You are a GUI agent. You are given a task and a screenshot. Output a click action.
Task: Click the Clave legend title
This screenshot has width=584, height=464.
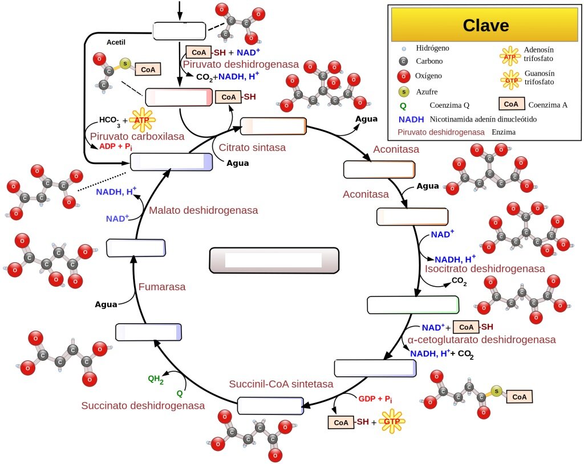pos(486,25)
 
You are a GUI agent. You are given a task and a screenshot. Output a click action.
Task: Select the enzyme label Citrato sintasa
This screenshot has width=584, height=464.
pos(252,148)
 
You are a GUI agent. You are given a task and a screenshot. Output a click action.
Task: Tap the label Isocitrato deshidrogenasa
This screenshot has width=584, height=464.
pos(485,268)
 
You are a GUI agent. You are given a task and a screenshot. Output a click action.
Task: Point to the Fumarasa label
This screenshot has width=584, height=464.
pos(162,287)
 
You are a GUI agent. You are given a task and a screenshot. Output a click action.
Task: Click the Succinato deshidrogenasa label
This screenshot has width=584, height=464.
pos(143,405)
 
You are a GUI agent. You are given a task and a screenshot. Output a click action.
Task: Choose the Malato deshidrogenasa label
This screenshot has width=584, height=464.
pos(204,210)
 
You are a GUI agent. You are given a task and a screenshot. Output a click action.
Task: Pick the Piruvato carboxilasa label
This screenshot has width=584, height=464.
pos(137,136)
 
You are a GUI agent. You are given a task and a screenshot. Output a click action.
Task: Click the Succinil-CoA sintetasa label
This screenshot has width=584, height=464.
pos(281,384)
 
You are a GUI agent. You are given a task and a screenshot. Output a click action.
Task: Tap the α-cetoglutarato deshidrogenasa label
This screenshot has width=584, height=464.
pos(481,340)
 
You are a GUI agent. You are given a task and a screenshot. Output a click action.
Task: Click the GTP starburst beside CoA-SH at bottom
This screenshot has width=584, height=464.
pos(392,421)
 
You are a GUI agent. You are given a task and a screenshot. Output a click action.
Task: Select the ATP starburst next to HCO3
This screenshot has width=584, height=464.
pos(142,120)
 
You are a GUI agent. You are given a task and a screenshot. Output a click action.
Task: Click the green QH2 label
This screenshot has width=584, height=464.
pos(156,380)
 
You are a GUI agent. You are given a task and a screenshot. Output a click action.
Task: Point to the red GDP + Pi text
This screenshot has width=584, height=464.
pos(375,399)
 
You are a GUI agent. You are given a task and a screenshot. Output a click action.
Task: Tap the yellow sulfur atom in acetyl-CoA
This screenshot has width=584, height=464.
pos(125,64)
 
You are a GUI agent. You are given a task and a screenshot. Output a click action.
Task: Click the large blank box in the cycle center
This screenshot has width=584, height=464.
pos(274,261)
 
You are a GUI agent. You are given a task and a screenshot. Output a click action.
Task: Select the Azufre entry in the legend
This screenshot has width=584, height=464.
pos(427,92)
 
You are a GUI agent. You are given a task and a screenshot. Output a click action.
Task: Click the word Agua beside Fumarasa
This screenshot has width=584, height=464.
pos(106,304)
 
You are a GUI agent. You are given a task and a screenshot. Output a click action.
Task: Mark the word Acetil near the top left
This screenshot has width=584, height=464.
pos(116,42)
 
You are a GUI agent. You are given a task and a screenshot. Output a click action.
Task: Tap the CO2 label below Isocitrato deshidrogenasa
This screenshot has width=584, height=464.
pos(459,281)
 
